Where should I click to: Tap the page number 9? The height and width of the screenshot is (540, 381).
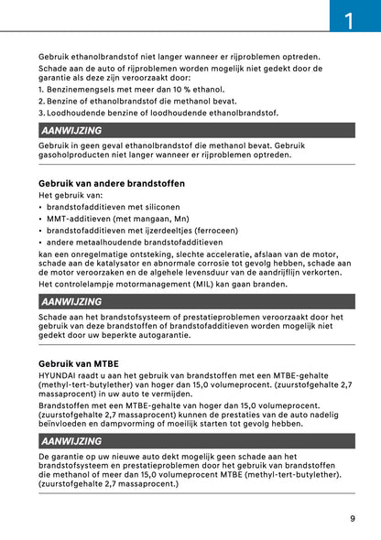pos(352,518)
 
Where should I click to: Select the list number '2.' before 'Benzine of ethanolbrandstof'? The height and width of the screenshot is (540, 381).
pos(42,101)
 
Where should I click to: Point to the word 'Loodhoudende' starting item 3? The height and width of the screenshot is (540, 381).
pos(82,113)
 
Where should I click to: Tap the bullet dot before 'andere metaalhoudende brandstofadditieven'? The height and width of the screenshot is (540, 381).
pos(40,243)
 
